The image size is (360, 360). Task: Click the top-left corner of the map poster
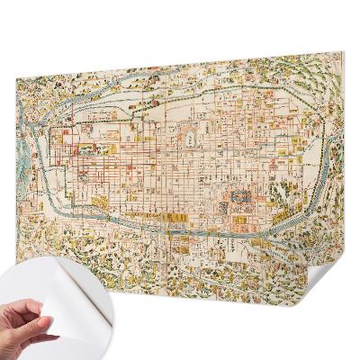[x=17, y=82]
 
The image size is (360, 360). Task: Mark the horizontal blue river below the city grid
[x=180, y=229]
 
